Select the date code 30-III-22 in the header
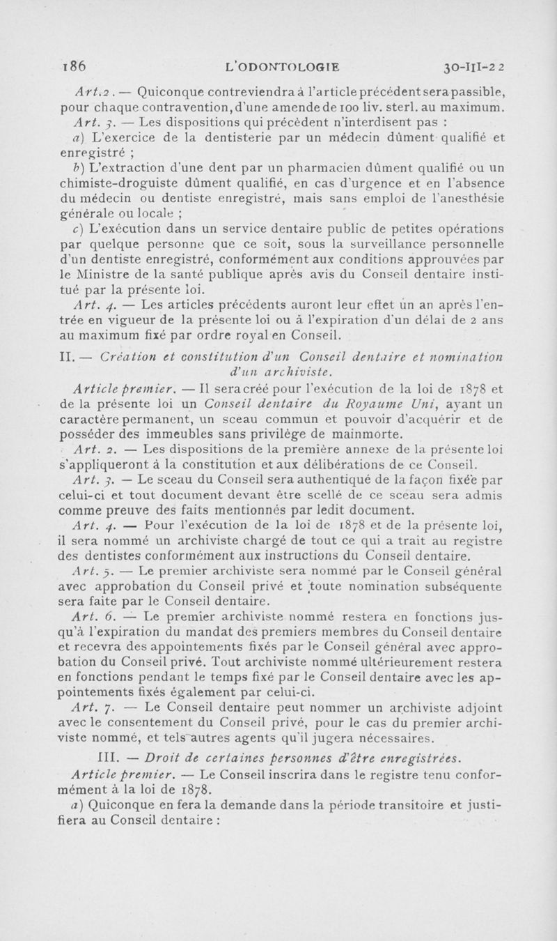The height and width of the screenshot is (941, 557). click(x=471, y=67)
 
